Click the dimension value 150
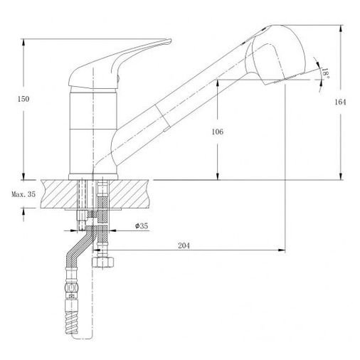(23, 99)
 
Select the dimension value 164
(340, 102)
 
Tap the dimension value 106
(218, 132)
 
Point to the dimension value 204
(184, 245)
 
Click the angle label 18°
(326, 73)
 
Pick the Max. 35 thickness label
(23, 194)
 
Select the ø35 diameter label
(142, 226)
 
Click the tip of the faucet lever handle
(170, 41)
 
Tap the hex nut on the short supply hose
(102, 262)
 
